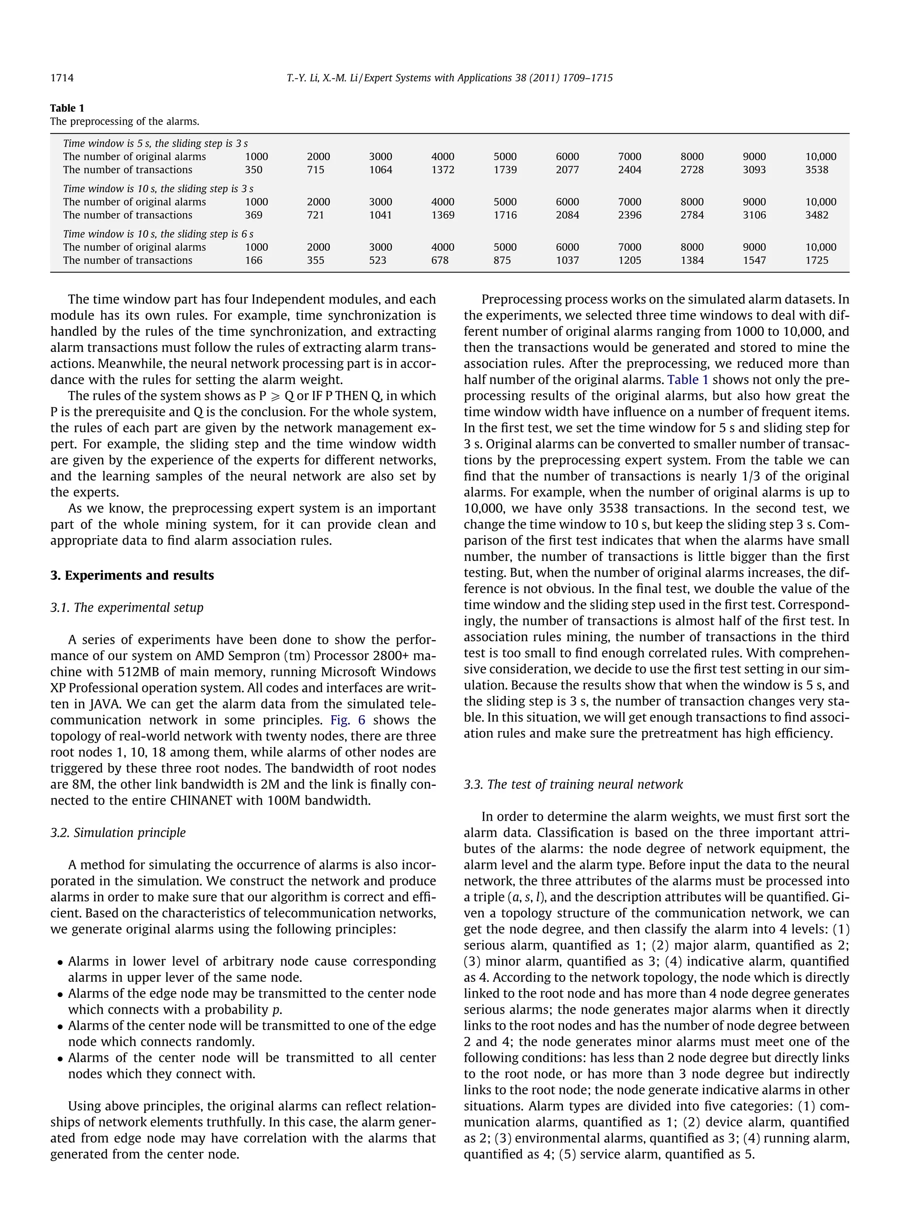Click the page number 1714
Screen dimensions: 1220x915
click(x=62, y=78)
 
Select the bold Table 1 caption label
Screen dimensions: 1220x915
click(x=67, y=108)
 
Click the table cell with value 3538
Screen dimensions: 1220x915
click(x=816, y=170)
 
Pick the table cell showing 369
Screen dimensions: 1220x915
click(x=254, y=215)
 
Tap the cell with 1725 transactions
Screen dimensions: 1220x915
click(x=816, y=260)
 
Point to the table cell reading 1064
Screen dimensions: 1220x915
click(x=381, y=170)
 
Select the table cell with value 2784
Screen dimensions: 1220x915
click(x=692, y=215)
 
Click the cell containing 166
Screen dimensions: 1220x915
click(x=254, y=260)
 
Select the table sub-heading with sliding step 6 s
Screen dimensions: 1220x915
click(x=158, y=234)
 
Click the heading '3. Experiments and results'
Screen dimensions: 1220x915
click(x=132, y=575)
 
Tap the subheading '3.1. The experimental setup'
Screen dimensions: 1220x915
click(x=127, y=607)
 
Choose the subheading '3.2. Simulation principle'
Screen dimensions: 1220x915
click(x=118, y=832)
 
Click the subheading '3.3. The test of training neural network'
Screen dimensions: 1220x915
click(x=573, y=784)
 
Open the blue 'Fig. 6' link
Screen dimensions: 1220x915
click(x=348, y=720)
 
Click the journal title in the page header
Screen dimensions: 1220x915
click(x=449, y=78)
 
